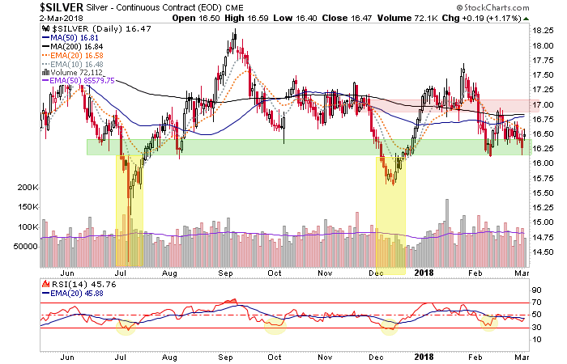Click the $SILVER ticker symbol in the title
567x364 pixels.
28,7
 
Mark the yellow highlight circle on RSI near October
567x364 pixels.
275,326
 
